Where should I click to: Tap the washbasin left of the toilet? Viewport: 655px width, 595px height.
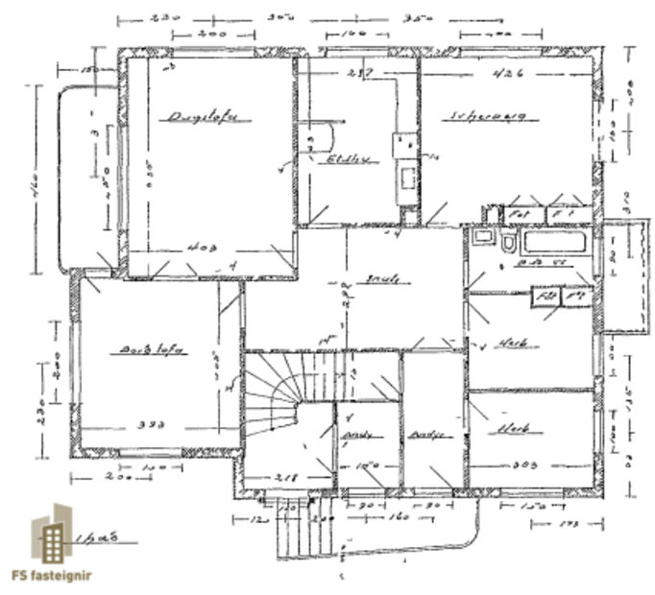pyautogui.click(x=482, y=236)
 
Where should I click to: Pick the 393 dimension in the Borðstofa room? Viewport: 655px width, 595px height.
pyautogui.click(x=153, y=423)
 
